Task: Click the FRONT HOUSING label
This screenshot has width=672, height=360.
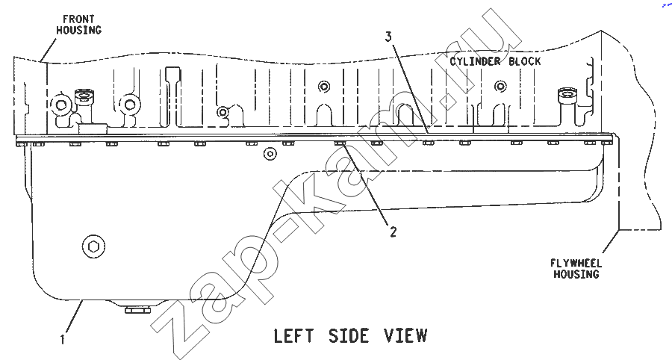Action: coord(79,25)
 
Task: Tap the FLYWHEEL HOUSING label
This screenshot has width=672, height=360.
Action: coord(576,268)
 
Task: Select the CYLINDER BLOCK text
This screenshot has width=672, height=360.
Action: coord(495,61)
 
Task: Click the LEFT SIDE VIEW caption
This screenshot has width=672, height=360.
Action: coord(351,335)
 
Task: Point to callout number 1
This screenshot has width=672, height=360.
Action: coord(63,339)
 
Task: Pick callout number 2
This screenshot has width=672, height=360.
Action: coord(393,232)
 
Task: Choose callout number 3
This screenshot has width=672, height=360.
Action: coord(388,37)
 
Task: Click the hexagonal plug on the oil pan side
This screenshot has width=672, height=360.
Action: coord(93,246)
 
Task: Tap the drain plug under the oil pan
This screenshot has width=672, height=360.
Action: coord(137,309)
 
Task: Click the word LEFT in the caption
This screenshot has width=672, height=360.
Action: coord(293,335)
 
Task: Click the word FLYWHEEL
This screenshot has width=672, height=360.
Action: coord(576,263)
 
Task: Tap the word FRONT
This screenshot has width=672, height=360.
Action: coord(78,19)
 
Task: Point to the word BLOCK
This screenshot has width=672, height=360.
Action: coord(525,61)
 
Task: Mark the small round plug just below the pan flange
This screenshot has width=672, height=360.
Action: coord(270,153)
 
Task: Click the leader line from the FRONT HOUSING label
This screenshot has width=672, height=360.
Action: coord(49,50)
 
